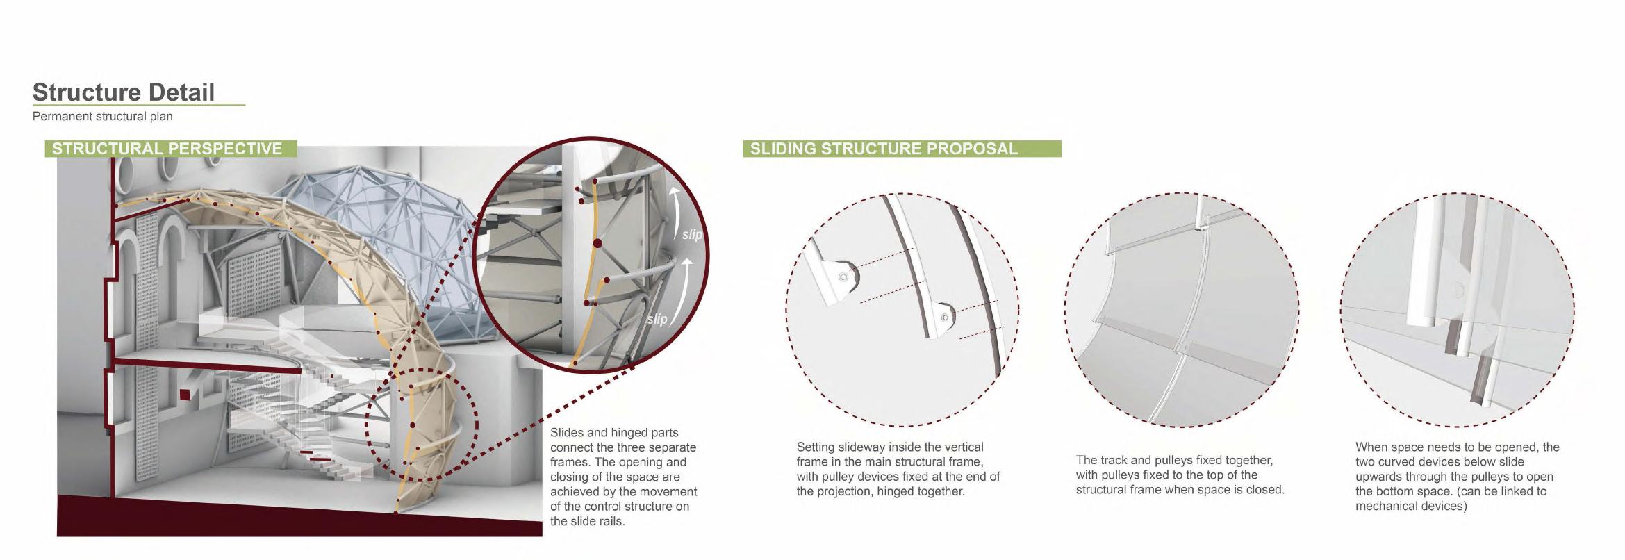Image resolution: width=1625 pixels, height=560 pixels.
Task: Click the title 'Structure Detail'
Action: tap(124, 92)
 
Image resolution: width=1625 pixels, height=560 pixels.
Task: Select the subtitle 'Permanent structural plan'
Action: tap(103, 116)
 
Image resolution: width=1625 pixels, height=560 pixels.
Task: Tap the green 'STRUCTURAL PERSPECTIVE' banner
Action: tap(170, 149)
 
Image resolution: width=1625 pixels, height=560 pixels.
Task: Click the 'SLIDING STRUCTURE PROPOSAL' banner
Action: tap(902, 149)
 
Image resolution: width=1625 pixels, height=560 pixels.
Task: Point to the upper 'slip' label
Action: tap(692, 235)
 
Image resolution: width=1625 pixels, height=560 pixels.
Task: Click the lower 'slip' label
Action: tap(657, 319)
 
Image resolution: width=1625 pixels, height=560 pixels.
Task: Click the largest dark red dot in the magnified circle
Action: tap(597, 244)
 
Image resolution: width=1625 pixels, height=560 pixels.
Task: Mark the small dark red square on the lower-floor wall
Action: tap(184, 395)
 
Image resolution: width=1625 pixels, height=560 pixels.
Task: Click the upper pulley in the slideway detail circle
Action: tap(843, 277)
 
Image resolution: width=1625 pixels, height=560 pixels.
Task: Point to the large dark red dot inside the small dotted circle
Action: tap(413, 425)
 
